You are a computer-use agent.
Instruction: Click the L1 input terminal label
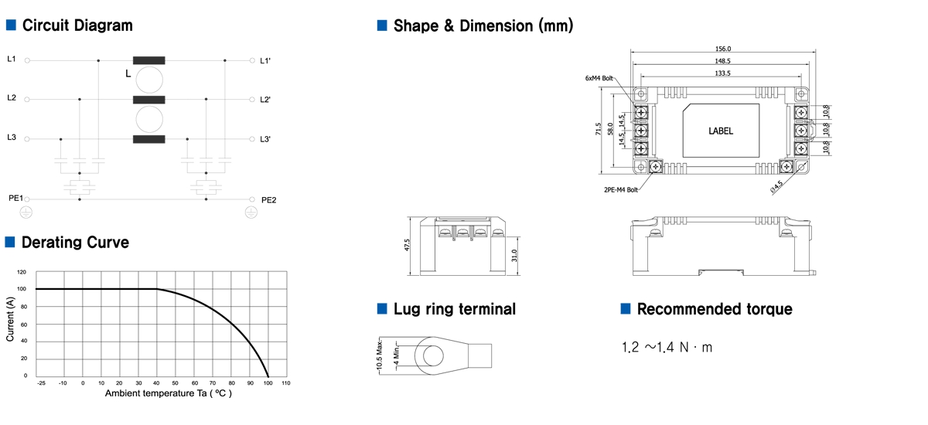11,59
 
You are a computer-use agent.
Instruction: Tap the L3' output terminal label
265,139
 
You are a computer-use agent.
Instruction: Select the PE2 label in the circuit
268,199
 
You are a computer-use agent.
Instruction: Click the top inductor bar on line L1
149,59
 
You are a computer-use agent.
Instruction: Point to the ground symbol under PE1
26,210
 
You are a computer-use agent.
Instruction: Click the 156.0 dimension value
723,49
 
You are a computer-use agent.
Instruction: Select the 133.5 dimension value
723,73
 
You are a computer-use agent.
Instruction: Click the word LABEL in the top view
721,131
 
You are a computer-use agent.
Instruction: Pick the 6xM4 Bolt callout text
599,78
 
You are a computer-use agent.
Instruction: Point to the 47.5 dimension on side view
408,245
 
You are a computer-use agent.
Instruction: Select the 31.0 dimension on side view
514,256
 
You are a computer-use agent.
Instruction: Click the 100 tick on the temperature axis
268,383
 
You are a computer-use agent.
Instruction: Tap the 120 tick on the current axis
22,272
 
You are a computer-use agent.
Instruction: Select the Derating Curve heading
75,243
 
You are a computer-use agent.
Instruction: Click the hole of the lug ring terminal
434,355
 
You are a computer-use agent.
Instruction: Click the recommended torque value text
667,348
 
